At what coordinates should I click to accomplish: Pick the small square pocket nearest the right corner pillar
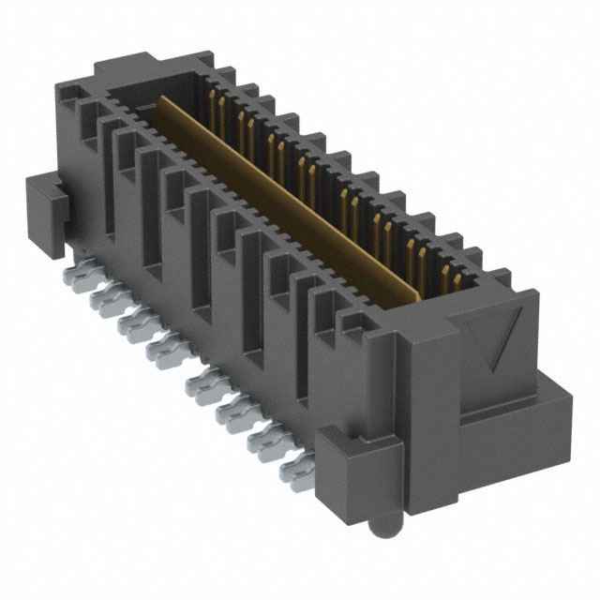point(351,323)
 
